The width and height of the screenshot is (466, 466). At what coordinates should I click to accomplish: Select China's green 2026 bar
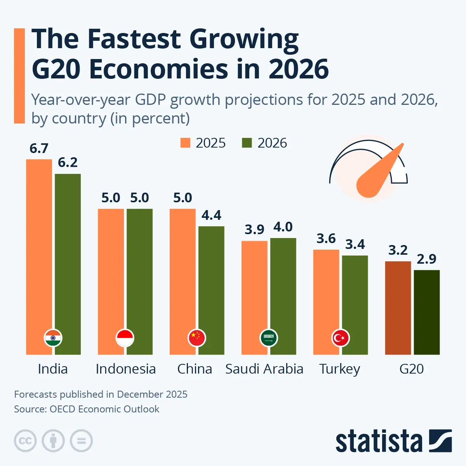(x=211, y=280)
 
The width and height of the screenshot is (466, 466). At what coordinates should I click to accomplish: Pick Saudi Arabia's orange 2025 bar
(x=254, y=287)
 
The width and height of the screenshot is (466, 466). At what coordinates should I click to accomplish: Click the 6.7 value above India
(x=39, y=148)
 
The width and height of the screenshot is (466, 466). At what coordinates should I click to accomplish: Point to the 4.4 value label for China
(x=211, y=215)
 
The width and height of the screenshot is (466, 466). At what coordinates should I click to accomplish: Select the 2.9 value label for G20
(x=427, y=259)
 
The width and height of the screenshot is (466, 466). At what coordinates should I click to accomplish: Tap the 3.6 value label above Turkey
(x=326, y=238)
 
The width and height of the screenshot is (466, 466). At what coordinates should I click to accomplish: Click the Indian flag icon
(x=53, y=338)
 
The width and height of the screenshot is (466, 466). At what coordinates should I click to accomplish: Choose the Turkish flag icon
(x=341, y=338)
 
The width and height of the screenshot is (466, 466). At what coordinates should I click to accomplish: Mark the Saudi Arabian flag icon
(x=269, y=338)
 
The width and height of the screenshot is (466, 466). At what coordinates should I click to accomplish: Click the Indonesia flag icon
(x=125, y=338)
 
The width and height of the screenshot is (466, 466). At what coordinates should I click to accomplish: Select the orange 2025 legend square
(x=185, y=143)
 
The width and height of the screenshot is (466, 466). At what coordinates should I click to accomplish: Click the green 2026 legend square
(x=247, y=143)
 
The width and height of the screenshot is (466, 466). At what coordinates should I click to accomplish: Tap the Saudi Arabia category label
(x=264, y=369)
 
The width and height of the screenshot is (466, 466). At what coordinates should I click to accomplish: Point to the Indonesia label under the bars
(x=125, y=369)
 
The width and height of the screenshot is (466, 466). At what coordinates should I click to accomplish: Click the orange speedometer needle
(x=379, y=172)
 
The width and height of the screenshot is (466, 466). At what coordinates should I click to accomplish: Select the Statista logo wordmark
(x=379, y=441)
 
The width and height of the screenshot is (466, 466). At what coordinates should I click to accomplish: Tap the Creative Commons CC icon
(x=25, y=441)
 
